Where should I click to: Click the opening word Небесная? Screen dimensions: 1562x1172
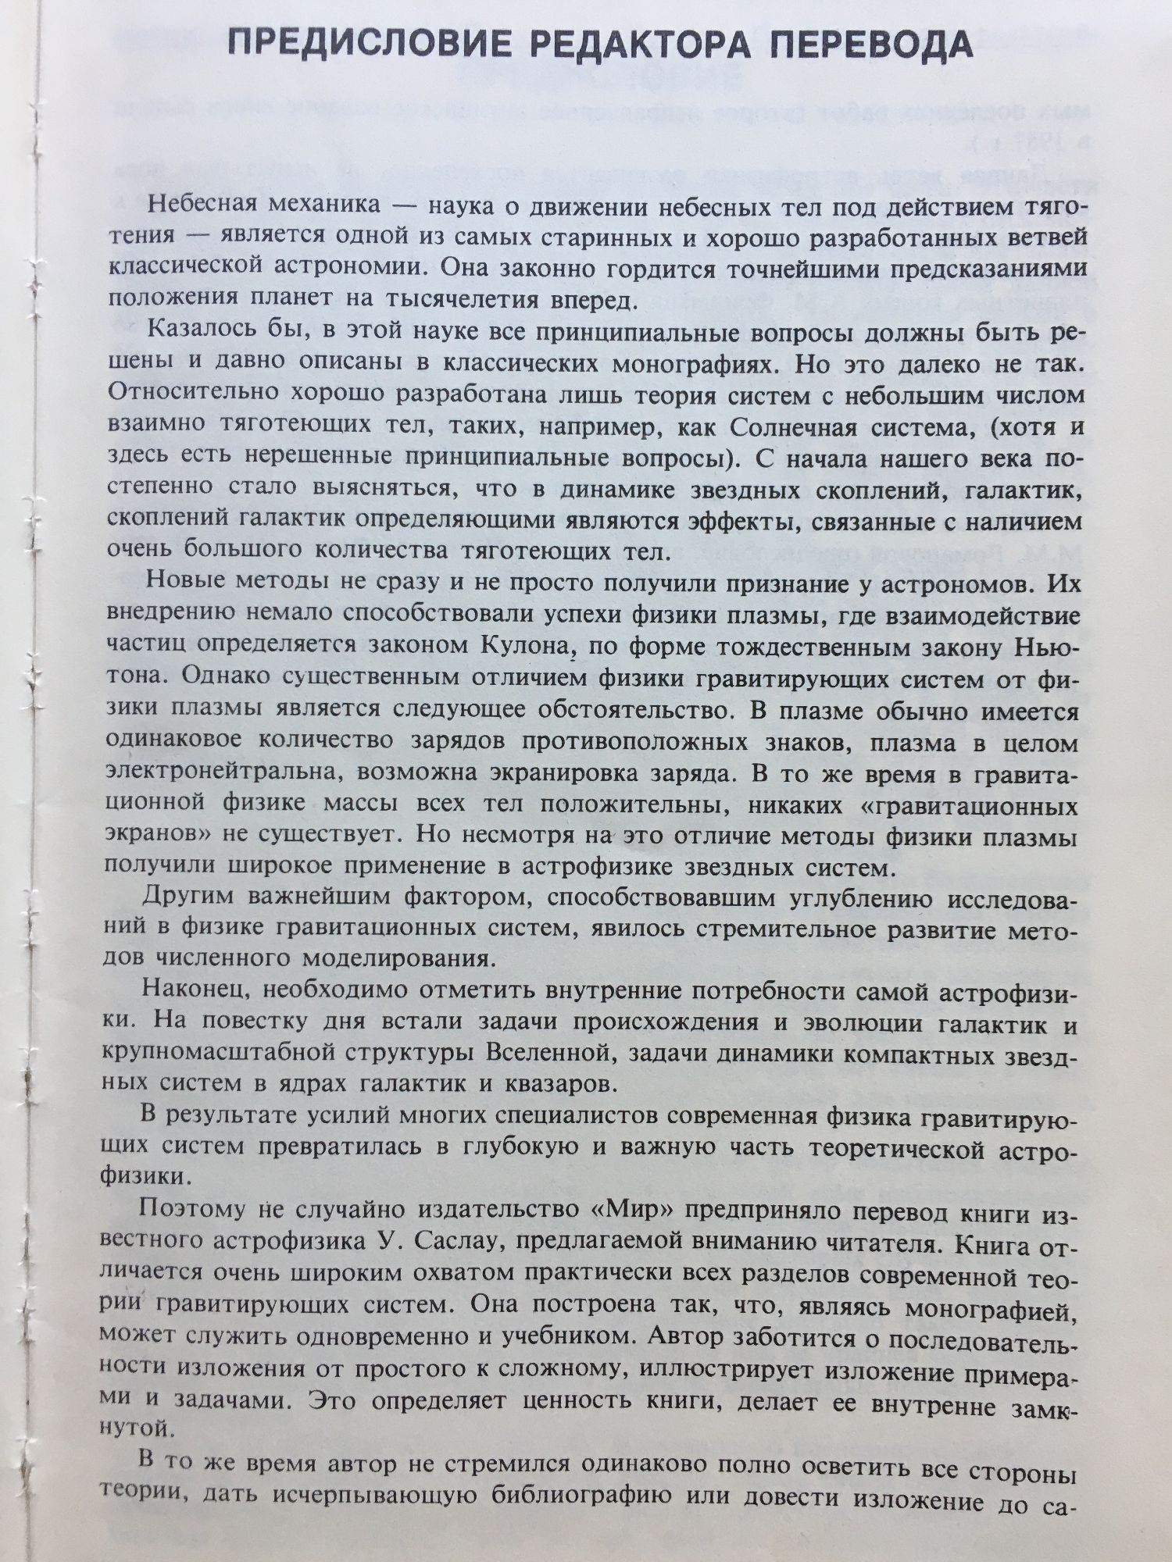202,205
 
